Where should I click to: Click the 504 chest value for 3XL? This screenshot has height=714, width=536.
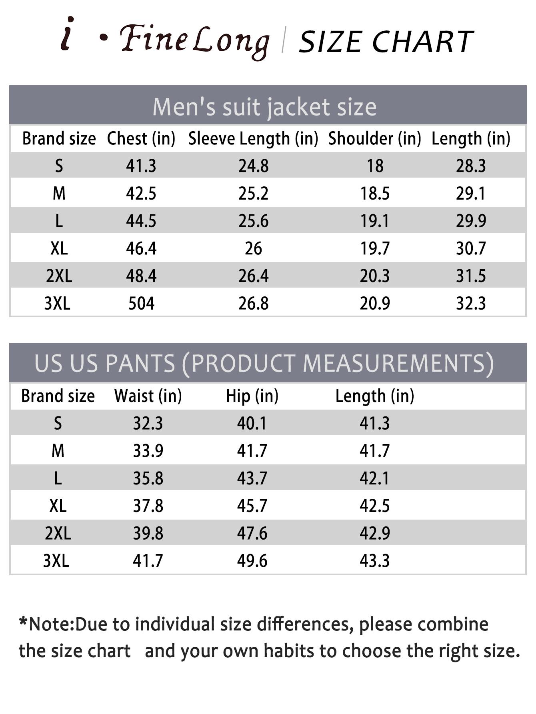coord(141,304)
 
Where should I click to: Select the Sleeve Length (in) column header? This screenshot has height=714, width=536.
coord(253,139)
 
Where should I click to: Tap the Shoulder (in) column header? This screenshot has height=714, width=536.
coord(375,139)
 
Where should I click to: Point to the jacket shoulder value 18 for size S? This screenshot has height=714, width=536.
coord(375,166)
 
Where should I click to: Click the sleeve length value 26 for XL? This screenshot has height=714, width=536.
coord(253,249)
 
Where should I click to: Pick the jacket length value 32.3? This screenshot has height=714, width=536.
coord(471,304)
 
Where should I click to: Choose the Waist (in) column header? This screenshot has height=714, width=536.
coord(148,396)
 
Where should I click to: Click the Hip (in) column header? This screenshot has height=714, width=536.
coord(252,396)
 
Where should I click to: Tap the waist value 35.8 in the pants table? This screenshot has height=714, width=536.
coord(148,478)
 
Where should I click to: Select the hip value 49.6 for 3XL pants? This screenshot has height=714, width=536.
coord(252,561)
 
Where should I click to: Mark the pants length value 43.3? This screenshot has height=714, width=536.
coord(374,561)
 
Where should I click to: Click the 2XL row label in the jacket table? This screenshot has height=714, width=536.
coord(59,276)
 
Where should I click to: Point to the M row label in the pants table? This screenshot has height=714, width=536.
coord(58,451)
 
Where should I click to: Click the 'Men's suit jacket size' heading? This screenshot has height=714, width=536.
coord(264,107)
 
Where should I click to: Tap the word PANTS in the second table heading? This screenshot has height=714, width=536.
coord(140,363)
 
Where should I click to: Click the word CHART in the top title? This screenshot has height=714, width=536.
coord(423,42)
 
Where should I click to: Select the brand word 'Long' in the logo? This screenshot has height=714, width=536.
coord(231,42)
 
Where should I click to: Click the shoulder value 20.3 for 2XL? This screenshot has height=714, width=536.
coord(374,276)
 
